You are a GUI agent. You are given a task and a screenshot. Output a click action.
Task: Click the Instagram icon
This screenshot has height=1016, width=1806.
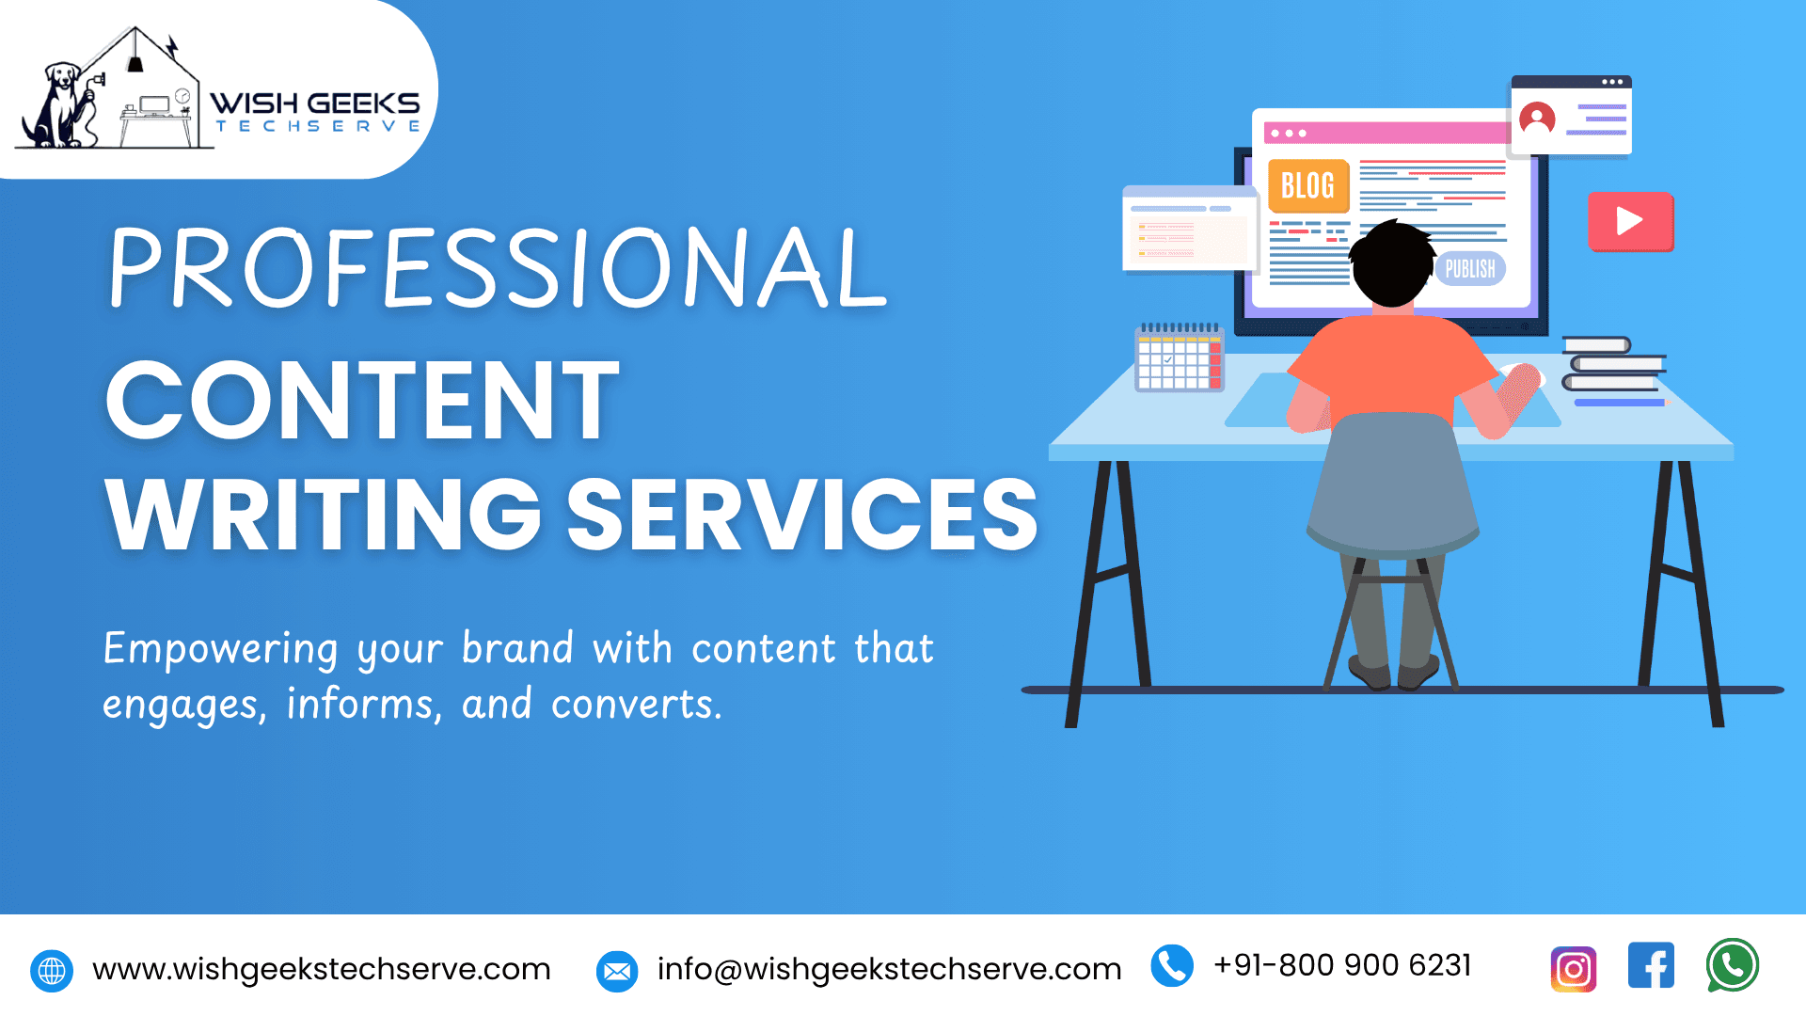coord(1574,969)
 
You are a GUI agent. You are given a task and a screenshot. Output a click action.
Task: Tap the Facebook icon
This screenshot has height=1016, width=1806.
coord(1651,965)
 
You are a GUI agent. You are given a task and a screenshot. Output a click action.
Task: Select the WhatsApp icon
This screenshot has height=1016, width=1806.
coord(1733,965)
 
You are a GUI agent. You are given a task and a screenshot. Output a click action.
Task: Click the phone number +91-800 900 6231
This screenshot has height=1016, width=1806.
coord(1342,965)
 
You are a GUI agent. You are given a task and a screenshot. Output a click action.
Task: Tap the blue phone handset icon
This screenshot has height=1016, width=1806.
coord(1172,966)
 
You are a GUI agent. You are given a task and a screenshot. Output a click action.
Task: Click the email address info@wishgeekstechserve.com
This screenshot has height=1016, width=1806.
coord(889,969)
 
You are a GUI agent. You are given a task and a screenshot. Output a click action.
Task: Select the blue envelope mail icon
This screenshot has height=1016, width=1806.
coord(617,972)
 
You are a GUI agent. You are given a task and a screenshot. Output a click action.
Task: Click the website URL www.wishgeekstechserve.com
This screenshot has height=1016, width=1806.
coord(322,969)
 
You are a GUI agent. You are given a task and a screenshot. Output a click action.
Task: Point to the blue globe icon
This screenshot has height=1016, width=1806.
coord(52,971)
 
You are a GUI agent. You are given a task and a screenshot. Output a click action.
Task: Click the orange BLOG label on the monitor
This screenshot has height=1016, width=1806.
coord(1308,185)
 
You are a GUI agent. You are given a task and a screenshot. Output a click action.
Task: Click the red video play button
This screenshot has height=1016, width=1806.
coord(1630,221)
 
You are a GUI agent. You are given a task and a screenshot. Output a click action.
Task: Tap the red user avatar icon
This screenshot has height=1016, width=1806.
coord(1537,119)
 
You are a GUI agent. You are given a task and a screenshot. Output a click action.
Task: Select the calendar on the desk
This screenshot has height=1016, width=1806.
coord(1180,357)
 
